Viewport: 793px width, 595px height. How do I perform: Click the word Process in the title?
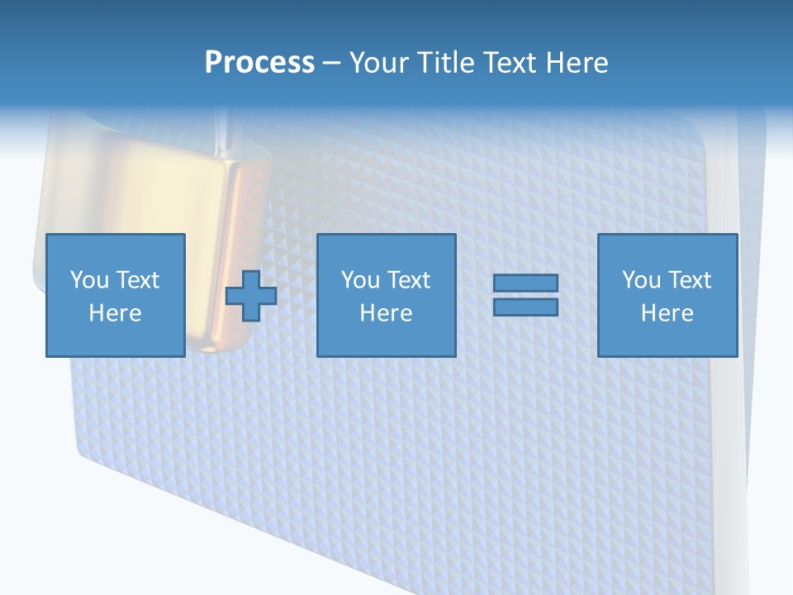point(259,63)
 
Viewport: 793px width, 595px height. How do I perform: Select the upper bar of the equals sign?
point(525,283)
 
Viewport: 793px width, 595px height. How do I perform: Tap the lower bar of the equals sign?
point(525,307)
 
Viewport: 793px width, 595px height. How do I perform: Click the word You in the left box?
point(89,280)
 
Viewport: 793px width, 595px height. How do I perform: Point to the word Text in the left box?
point(137,280)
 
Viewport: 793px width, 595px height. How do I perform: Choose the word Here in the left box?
point(115,313)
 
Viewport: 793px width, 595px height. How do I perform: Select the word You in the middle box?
point(360,280)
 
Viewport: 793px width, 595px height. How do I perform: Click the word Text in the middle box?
point(408,280)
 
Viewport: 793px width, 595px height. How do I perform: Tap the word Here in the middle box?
point(386,313)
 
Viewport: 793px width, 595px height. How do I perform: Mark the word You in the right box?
point(641,280)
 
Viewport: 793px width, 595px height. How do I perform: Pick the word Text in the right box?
point(689,280)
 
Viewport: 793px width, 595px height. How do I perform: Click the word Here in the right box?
point(667,313)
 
